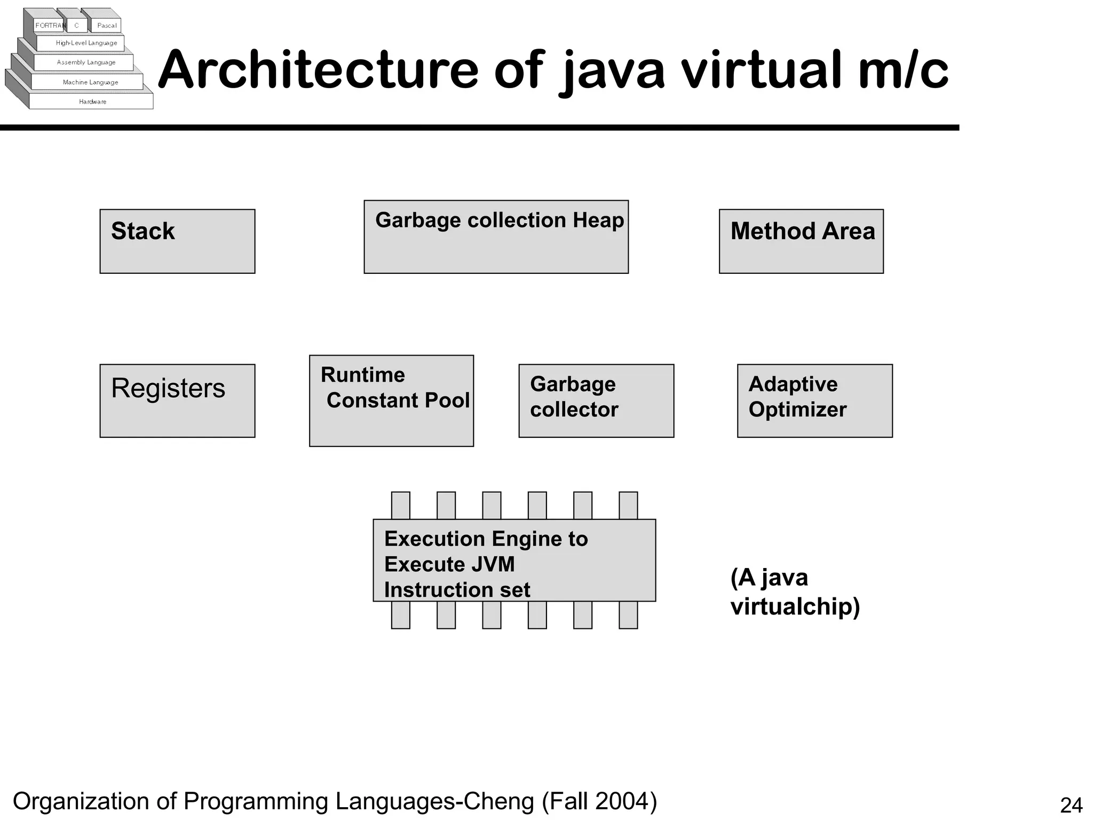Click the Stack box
tap(177, 241)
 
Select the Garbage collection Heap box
tap(496, 237)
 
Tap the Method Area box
tap(801, 241)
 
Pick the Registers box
tap(177, 401)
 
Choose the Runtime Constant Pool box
tap(391, 400)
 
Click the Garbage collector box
tap(596, 401)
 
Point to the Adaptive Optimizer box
tap(814, 401)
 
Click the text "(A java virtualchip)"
tap(795, 592)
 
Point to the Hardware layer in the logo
tap(92, 101)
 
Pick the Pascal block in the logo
tap(107, 26)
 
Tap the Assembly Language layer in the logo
tap(86, 62)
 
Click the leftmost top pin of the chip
tap(401, 505)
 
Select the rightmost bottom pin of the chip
tap(628, 615)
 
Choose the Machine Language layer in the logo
tap(90, 82)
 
